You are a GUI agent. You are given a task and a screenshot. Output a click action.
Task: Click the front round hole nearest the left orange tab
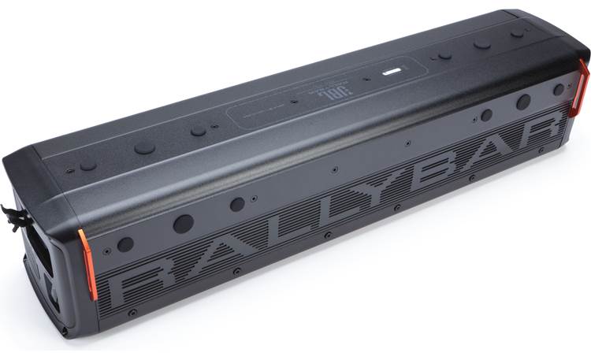point(125,244)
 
